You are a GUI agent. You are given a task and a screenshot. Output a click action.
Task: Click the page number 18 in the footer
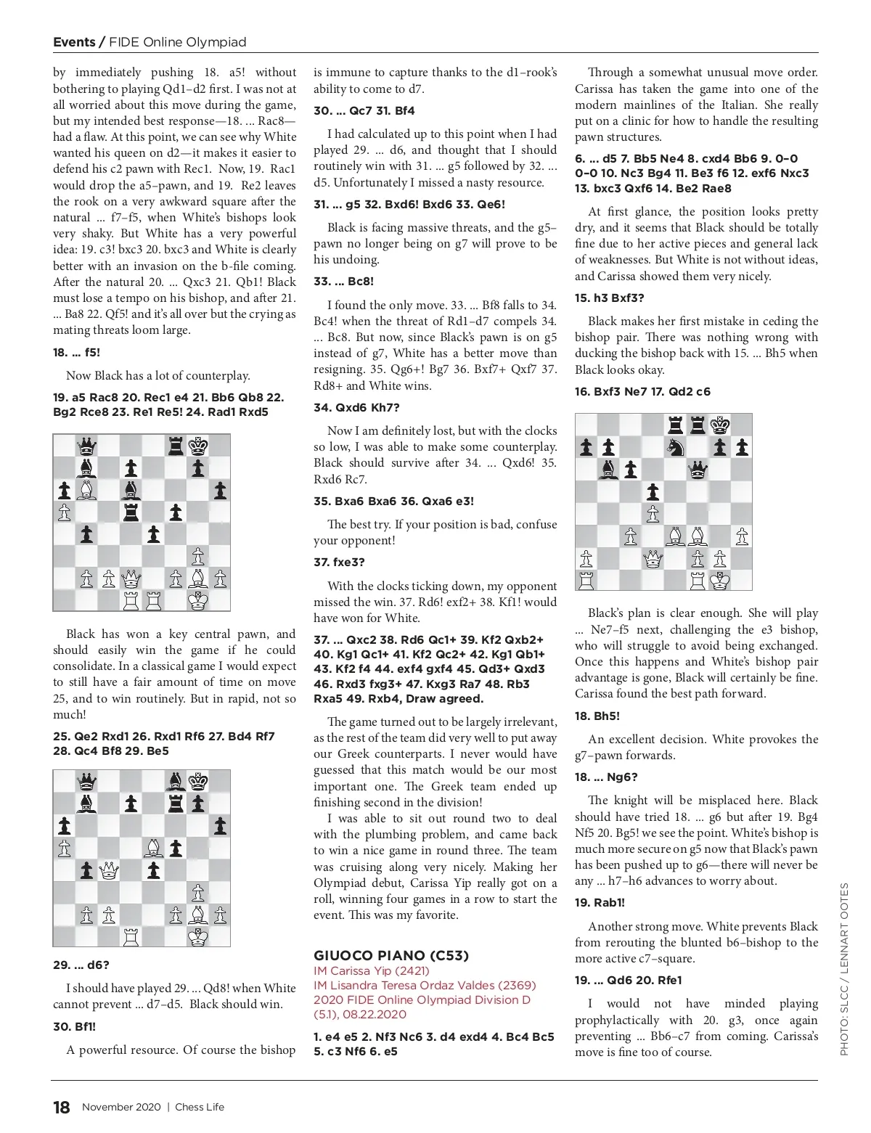62,1107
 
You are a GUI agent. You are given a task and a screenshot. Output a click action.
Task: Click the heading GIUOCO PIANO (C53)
391,955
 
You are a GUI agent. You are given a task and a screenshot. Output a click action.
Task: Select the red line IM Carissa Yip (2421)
372,970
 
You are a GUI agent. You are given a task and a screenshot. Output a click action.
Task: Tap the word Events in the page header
74,42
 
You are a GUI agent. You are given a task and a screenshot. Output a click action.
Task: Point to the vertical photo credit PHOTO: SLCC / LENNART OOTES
843,969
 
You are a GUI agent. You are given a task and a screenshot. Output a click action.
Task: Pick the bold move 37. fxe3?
339,562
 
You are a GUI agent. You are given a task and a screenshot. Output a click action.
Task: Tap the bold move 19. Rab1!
600,903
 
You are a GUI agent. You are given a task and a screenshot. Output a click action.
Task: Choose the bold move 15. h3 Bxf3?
609,298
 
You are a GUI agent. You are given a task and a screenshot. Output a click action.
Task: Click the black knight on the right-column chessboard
675,448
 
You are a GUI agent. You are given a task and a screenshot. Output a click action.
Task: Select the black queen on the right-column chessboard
698,470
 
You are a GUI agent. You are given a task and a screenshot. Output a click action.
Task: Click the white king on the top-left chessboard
197,600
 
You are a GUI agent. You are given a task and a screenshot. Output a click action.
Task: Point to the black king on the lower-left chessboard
197,781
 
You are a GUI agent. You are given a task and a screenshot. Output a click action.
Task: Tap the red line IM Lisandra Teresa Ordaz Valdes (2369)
425,985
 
